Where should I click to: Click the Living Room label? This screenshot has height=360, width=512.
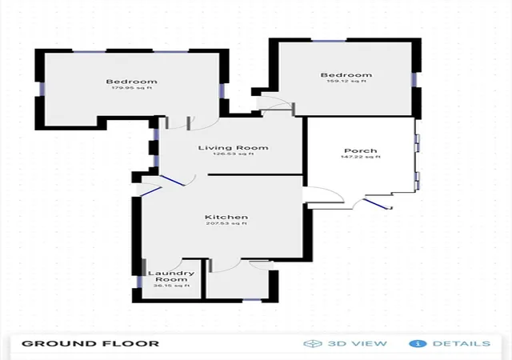[x=233, y=148]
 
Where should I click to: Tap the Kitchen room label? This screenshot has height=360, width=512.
[x=226, y=218]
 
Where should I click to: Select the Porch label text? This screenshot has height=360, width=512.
[x=361, y=151]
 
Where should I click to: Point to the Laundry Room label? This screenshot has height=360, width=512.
[x=171, y=276]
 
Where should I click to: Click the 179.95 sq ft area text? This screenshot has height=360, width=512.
[x=131, y=88]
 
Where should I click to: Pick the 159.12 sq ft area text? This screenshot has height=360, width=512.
[x=346, y=81]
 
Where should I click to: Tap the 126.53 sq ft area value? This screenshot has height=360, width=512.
[x=233, y=154]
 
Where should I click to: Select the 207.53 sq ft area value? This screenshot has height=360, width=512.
[x=226, y=223]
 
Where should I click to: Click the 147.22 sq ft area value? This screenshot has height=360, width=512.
[x=361, y=157]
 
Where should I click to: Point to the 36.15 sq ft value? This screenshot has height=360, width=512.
[x=171, y=286]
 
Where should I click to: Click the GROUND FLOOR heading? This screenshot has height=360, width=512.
[x=90, y=344]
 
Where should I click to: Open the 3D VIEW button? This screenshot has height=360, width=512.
[x=358, y=344]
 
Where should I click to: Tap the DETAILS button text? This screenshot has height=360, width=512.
[x=462, y=344]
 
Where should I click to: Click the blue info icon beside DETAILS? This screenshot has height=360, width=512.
[x=418, y=344]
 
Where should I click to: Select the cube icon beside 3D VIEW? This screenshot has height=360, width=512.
[x=313, y=344]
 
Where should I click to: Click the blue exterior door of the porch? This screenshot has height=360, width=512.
[x=376, y=204]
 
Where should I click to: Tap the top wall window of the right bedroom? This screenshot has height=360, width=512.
[x=329, y=41]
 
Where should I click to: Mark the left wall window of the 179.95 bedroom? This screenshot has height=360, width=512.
[x=42, y=89]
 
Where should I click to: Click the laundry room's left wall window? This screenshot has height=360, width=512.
[x=139, y=282]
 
